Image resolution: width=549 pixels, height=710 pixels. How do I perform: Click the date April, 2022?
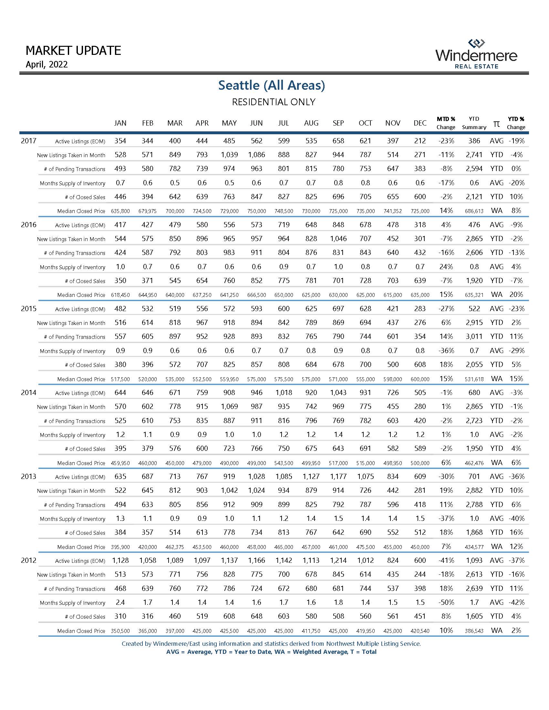point(47,64)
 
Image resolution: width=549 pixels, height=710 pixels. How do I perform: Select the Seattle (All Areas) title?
point(272,85)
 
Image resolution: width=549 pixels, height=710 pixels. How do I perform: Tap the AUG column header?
point(311,123)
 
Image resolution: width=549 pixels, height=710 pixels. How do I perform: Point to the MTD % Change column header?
point(446,123)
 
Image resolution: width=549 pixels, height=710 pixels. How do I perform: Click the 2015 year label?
point(29,309)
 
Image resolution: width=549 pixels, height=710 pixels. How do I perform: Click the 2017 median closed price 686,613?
point(474,211)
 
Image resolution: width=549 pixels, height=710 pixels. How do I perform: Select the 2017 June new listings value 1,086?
point(256,155)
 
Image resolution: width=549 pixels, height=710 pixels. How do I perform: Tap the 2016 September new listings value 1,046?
point(338,238)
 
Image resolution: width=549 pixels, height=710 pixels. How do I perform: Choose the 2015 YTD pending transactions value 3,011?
point(474,337)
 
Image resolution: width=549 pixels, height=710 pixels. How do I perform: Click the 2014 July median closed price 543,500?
point(284,463)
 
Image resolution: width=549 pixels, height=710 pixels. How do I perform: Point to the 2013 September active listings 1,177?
point(338,477)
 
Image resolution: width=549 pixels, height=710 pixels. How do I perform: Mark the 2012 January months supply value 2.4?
point(120,603)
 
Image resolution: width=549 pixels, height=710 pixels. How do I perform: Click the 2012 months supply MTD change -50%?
point(446,603)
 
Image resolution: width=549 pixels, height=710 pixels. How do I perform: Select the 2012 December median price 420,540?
point(420,631)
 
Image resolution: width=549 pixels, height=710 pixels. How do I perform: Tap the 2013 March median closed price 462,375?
point(175,547)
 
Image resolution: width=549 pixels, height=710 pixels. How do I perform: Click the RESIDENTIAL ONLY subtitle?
point(273,102)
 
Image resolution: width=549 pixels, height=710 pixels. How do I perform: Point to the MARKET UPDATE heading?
point(73,50)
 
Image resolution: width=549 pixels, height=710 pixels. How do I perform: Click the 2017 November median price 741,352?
point(393,211)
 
